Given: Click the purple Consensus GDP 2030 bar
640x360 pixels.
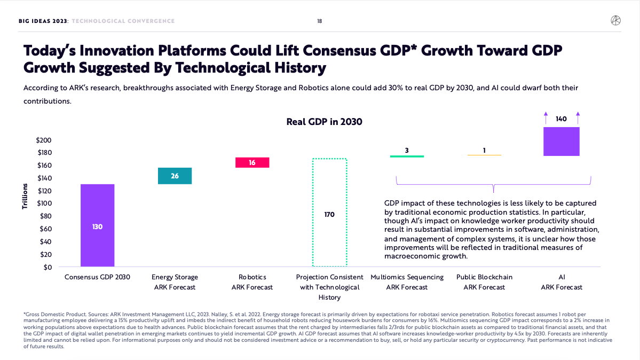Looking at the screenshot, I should click(97, 225).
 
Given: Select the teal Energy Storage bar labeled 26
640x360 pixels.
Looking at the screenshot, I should click(175, 176).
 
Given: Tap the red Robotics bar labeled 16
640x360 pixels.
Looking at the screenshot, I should click(252, 162).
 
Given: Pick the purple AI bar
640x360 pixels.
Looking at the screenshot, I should click(561, 141).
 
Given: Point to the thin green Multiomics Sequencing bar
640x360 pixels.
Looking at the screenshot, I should click(407, 156).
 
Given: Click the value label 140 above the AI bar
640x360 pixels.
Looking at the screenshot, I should click(561, 119).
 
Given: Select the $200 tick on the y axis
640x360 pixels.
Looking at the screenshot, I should click(44, 140).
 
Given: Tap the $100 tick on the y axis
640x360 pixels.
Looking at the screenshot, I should click(44, 204).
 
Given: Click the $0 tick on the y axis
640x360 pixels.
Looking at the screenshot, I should click(47, 267).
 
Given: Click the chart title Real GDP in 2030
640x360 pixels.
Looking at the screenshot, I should click(324, 122).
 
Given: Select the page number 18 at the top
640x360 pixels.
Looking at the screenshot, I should click(319, 21).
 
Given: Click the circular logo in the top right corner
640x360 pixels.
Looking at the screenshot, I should click(615, 21).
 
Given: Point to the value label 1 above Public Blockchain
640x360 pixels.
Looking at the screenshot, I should click(484, 150).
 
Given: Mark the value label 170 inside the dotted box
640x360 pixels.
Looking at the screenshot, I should click(329, 214).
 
